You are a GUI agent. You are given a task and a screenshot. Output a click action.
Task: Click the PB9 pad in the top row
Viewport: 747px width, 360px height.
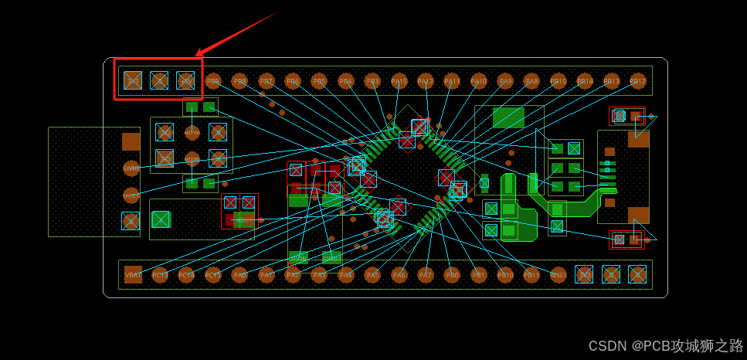click(212, 80)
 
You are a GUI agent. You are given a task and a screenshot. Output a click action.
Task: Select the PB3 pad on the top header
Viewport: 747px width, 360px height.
click(372, 80)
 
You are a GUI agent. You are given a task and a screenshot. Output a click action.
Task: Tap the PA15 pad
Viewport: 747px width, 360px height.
click(399, 80)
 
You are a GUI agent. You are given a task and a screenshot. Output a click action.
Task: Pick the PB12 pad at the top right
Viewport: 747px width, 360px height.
click(637, 80)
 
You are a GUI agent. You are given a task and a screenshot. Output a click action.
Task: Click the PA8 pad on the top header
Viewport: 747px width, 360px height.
click(531, 80)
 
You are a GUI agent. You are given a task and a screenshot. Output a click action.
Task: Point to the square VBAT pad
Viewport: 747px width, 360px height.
click(133, 274)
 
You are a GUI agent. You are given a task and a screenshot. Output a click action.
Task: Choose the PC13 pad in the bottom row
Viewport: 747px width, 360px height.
click(160, 274)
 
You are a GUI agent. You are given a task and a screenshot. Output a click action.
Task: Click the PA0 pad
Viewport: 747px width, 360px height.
click(239, 274)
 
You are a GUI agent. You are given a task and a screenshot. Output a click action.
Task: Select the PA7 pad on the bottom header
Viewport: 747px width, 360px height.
click(425, 274)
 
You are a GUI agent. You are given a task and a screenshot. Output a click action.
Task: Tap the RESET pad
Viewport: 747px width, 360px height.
click(558, 274)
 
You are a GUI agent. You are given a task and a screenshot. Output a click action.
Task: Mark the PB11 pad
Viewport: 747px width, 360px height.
click(531, 274)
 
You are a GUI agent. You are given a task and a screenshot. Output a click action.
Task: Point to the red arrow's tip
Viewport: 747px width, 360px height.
click(196, 56)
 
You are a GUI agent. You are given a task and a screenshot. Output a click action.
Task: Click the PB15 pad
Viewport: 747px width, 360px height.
click(558, 80)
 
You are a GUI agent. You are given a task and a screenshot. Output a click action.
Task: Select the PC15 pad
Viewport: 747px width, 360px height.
click(212, 274)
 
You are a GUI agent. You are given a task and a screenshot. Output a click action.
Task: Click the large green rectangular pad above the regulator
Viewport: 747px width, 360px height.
click(508, 117)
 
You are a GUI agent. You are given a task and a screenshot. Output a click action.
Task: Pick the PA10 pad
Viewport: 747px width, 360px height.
click(478, 80)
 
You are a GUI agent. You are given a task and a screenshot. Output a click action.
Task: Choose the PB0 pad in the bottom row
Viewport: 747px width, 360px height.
click(452, 274)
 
